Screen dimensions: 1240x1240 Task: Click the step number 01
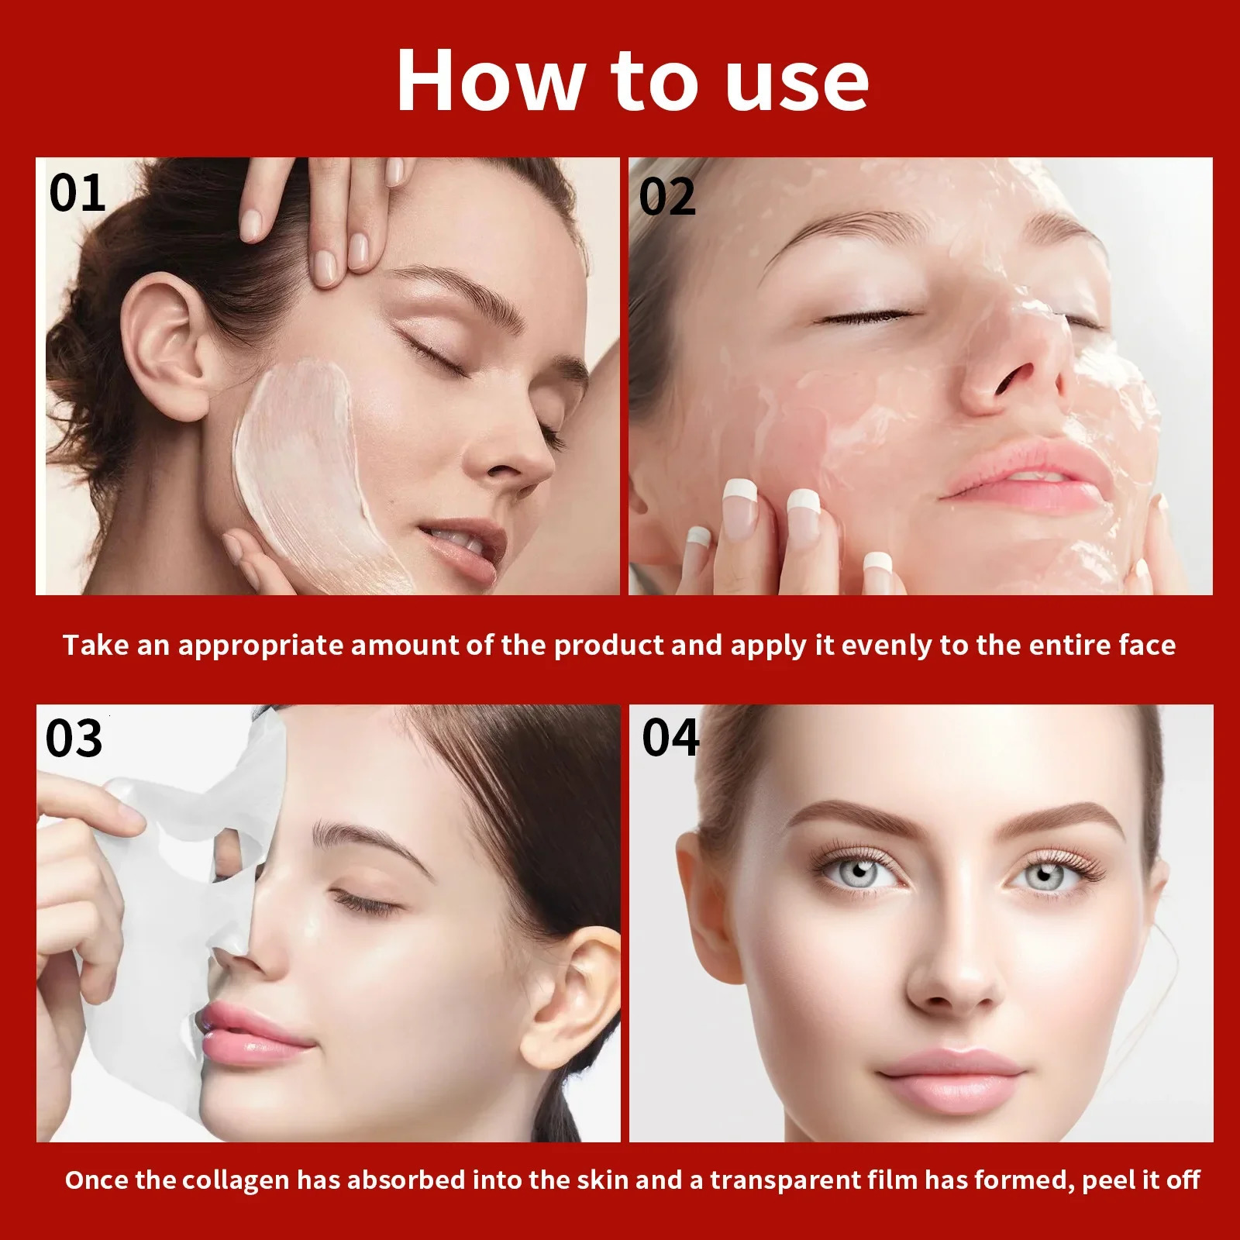click(77, 193)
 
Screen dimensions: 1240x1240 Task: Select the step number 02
click(667, 197)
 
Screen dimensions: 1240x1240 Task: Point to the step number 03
click(74, 739)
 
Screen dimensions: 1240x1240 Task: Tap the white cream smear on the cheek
click(306, 457)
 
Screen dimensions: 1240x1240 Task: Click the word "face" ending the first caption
click(1147, 645)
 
